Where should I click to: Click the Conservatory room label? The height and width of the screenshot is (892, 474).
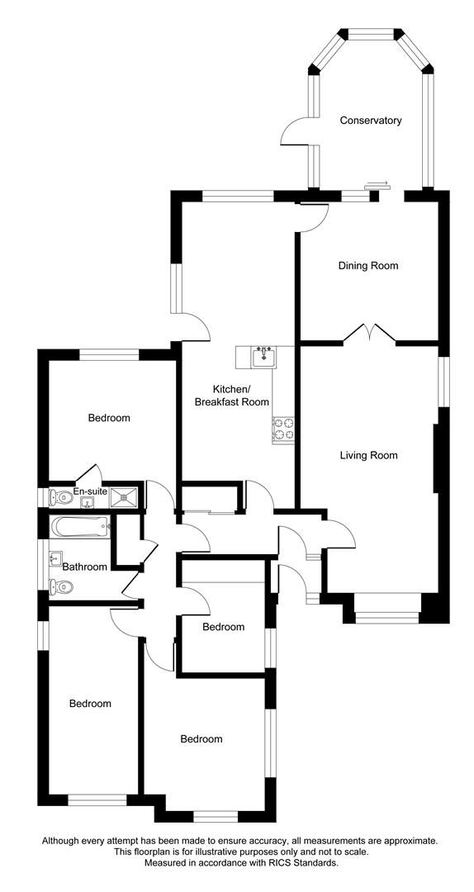(x=371, y=121)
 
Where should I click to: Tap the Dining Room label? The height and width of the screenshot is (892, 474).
(x=368, y=266)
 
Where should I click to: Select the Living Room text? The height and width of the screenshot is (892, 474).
(x=368, y=455)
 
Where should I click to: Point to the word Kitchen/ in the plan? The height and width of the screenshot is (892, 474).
(x=231, y=390)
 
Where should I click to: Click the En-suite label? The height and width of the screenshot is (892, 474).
(x=91, y=491)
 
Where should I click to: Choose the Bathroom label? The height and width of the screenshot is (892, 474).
(x=84, y=567)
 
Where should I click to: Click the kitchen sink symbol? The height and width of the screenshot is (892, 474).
(x=263, y=358)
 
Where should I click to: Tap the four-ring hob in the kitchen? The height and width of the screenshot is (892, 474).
(x=284, y=429)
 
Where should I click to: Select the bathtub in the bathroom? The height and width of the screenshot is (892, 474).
(x=79, y=526)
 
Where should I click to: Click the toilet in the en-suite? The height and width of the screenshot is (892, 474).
(x=59, y=498)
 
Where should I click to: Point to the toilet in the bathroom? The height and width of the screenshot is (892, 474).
(x=60, y=586)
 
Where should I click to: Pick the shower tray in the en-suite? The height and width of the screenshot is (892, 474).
(x=124, y=496)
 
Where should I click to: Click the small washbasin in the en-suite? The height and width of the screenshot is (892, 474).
(x=87, y=502)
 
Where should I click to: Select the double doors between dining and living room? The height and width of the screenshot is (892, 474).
(x=370, y=334)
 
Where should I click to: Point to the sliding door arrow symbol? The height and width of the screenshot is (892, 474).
(x=377, y=183)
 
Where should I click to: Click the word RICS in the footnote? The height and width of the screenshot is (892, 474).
(x=276, y=879)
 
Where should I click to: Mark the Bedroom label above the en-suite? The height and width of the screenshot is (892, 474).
(x=109, y=418)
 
